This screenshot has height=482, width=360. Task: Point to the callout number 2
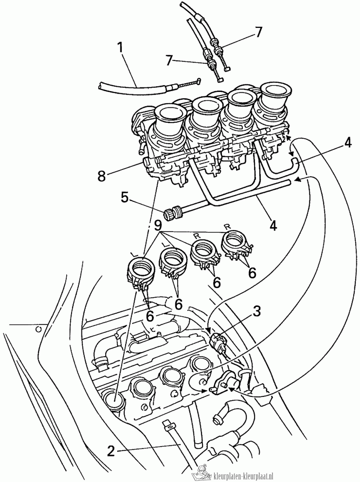pyautogui.click(x=112, y=451)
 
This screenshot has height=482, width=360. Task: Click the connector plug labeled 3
pyautogui.click(x=218, y=343)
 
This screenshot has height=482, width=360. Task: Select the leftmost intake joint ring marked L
pyautogui.click(x=141, y=269)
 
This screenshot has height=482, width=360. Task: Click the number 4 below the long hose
pyautogui.click(x=273, y=225)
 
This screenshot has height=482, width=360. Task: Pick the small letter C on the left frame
pyautogui.click(x=38, y=329)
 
